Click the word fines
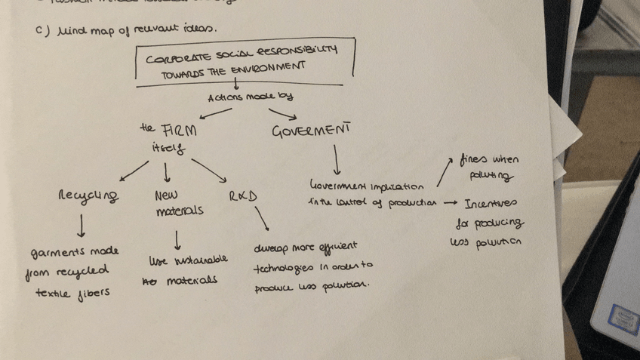(x=475, y=161)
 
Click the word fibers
(x=94, y=292)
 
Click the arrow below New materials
(x=176, y=239)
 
